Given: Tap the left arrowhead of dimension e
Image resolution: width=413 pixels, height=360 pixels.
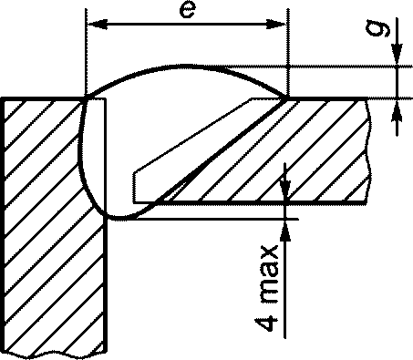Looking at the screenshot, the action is [x=98, y=25].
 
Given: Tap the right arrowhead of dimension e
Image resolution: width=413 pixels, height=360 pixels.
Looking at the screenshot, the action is [x=276, y=25].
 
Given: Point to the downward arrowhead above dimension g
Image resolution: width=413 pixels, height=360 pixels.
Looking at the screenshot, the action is [x=397, y=55].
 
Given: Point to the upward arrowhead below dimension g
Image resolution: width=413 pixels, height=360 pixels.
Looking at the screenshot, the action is [x=397, y=110].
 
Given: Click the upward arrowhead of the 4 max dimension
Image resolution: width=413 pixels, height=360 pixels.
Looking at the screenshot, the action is [x=284, y=231].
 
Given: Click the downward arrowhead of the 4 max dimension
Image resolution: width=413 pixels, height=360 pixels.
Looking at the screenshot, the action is [x=284, y=190].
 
